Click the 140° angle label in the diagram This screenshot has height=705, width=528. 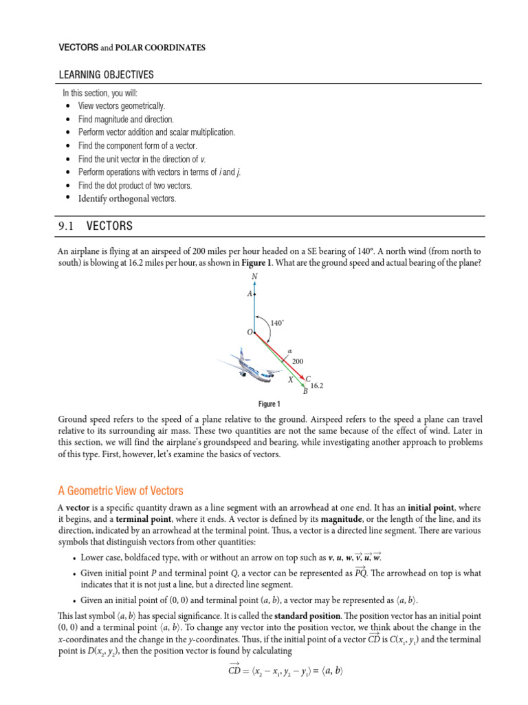[x=276, y=322]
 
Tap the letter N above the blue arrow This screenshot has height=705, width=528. [x=254, y=277]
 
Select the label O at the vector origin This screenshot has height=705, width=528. [x=250, y=333]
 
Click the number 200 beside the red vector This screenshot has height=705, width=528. [x=298, y=361]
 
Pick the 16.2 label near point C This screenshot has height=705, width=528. [x=317, y=386]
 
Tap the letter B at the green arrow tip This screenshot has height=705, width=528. [x=305, y=392]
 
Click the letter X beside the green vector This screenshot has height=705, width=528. [x=290, y=380]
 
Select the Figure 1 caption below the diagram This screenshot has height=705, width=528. [x=269, y=404]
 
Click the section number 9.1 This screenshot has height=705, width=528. [x=68, y=226]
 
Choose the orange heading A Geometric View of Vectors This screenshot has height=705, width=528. [x=120, y=490]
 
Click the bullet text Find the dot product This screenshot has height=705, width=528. [x=135, y=185]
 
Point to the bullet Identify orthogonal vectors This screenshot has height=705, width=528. [x=126, y=198]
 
